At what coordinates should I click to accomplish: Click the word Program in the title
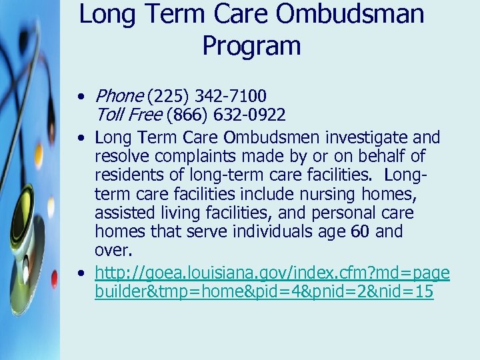click(x=251, y=46)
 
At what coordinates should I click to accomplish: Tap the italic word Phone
click(x=119, y=97)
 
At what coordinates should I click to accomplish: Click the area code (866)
click(x=189, y=115)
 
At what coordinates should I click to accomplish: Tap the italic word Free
click(x=145, y=115)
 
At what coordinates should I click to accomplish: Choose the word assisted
click(x=123, y=213)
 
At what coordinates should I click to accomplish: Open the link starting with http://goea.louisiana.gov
click(x=272, y=273)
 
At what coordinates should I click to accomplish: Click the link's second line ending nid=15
click(x=264, y=291)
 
